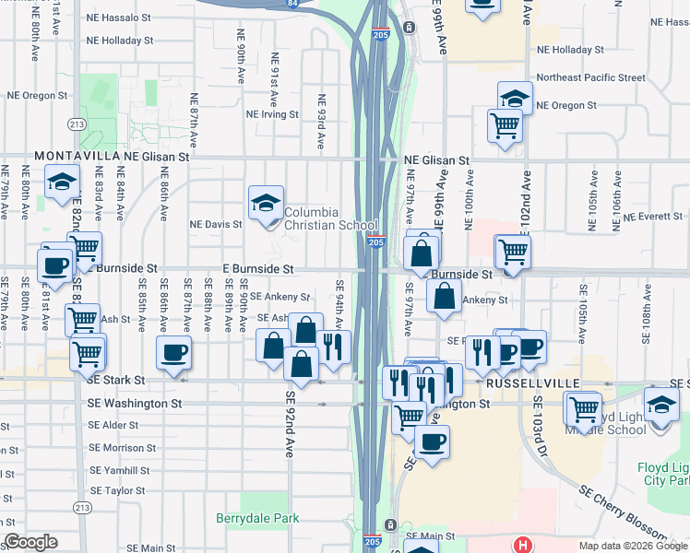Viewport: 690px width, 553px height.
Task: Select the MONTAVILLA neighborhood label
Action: point(71,158)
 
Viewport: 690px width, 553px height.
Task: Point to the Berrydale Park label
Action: point(257,519)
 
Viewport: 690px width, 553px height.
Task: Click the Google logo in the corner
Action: point(30,543)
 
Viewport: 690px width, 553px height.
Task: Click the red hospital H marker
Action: point(523,545)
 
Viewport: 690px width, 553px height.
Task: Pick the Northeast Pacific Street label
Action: point(590,77)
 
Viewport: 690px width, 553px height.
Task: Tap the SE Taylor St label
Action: point(118,491)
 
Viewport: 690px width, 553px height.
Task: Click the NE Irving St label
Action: point(273,114)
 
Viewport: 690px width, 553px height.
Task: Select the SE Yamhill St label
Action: point(119,470)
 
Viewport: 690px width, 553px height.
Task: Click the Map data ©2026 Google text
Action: point(632,546)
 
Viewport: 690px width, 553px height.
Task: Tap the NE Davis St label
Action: point(216,224)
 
